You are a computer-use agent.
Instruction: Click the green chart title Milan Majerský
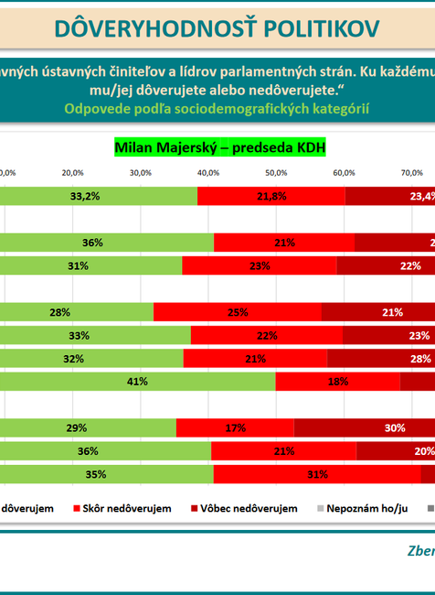pos(219,146)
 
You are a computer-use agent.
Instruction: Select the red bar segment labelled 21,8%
pos(271,196)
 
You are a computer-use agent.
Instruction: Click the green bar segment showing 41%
pos(137,381)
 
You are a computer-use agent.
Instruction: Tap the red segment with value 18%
pos(337,381)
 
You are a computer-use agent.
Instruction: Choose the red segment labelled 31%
pos(317,475)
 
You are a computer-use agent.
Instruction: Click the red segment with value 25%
pos(238,312)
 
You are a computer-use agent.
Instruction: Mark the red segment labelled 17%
pos(235,427)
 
